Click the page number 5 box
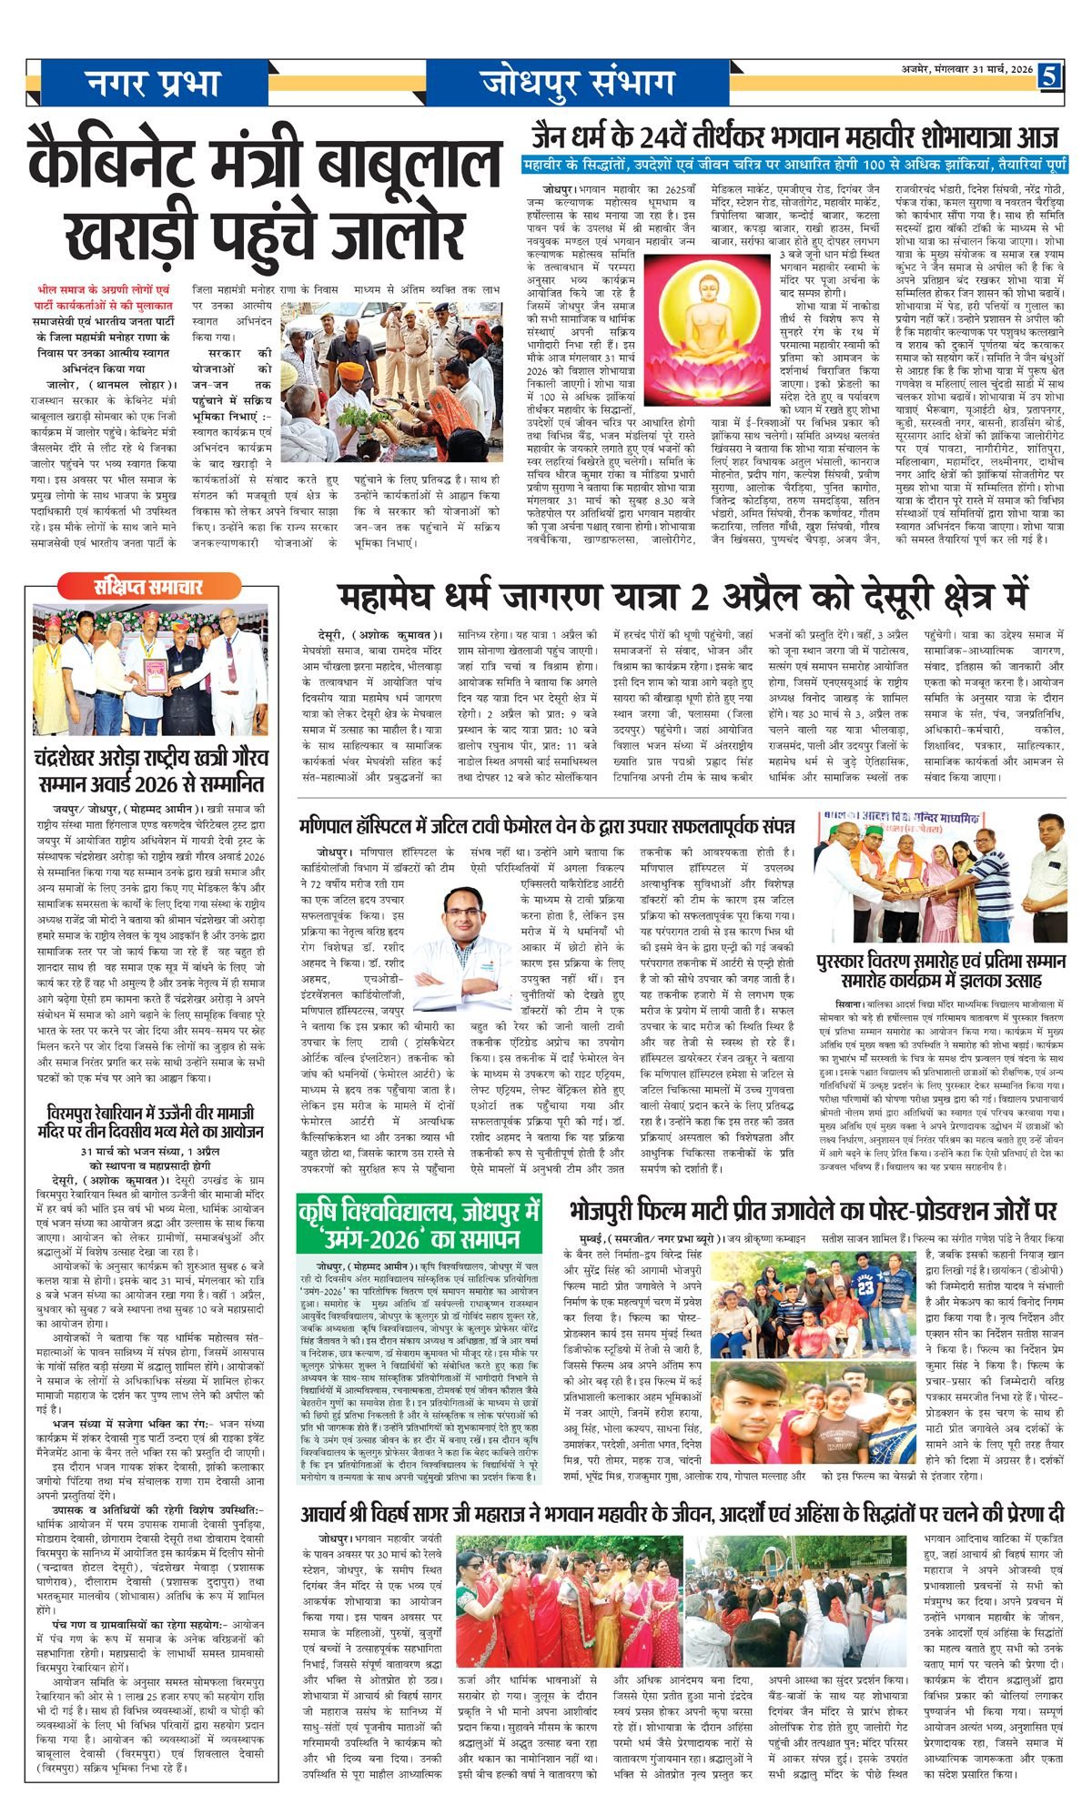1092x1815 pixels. tap(1051, 77)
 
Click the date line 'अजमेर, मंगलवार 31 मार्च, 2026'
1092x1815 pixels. tap(961, 70)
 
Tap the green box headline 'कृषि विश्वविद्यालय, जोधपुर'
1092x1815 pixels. tap(420, 1213)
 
